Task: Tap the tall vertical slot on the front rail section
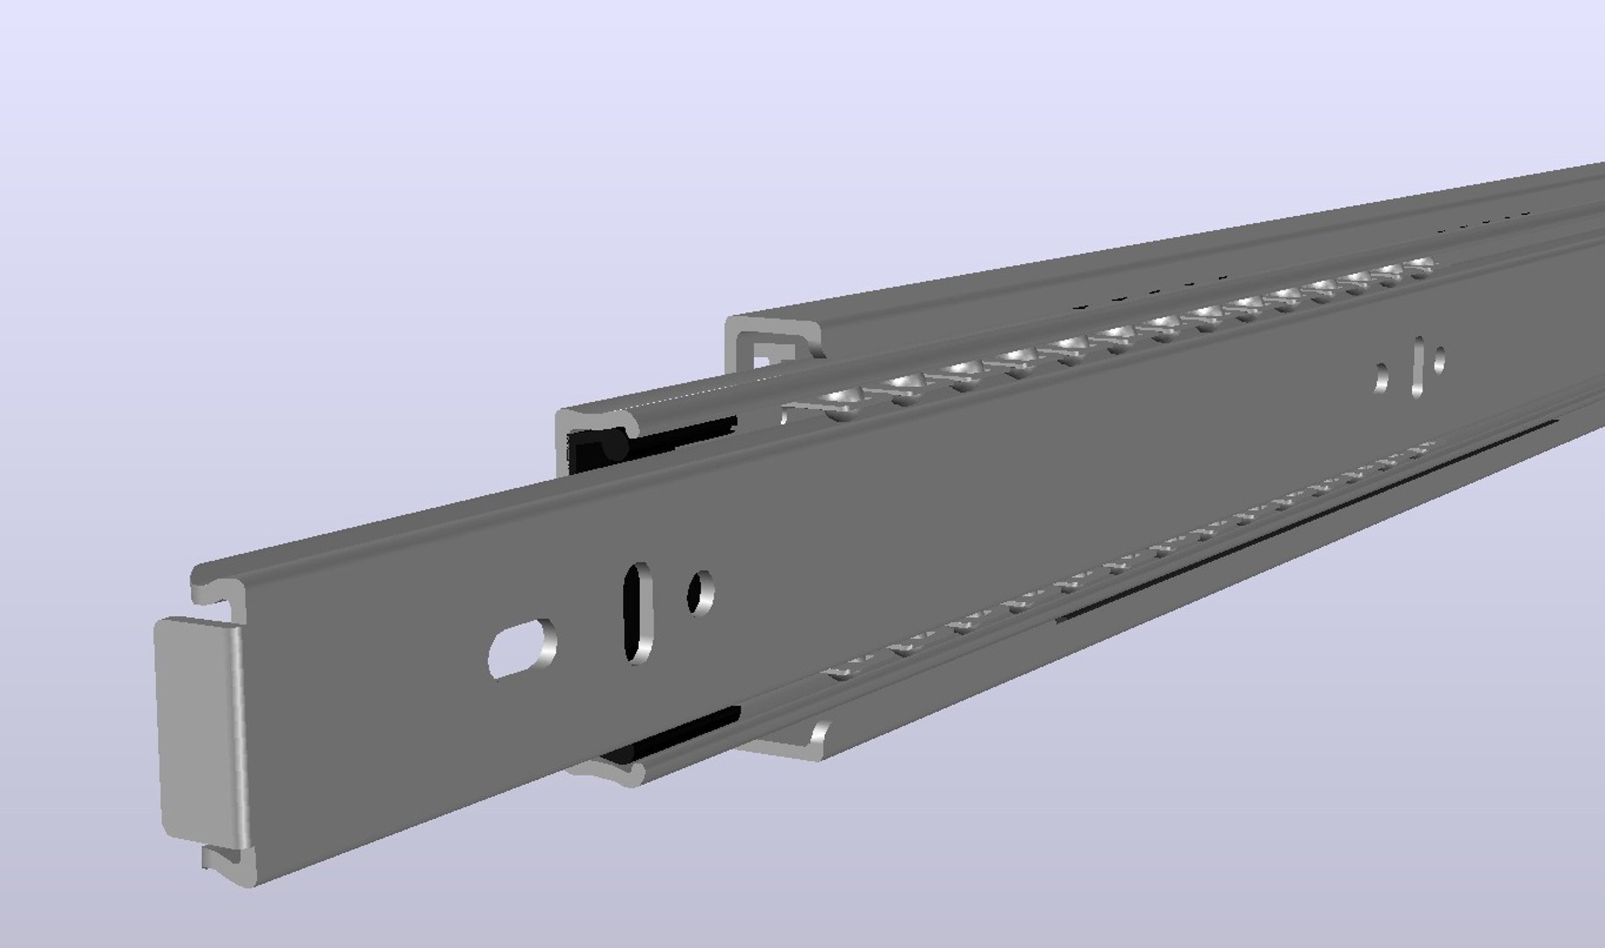(x=638, y=613)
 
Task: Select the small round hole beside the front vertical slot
(x=700, y=592)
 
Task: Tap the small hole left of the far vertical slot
(x=1381, y=378)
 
